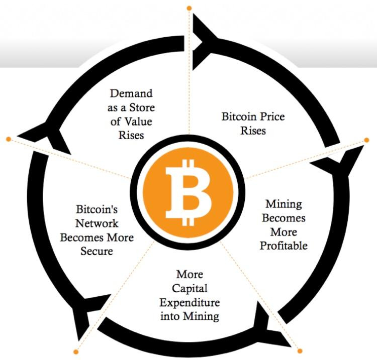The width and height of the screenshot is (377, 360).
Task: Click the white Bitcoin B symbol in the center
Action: click(188, 192)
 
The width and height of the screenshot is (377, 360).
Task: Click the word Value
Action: click(139, 121)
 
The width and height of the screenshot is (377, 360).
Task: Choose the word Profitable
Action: click(284, 246)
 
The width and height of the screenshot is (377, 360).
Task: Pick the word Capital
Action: click(190, 289)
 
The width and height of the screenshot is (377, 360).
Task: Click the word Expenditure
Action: click(190, 302)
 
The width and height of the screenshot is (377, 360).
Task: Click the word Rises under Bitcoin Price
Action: click(253, 131)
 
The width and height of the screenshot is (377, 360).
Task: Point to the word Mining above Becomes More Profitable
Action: click(284, 204)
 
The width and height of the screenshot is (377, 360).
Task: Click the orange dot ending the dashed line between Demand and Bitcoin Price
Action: click(189, 8)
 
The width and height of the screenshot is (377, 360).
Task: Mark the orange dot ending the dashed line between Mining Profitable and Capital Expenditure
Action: click(300, 350)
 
